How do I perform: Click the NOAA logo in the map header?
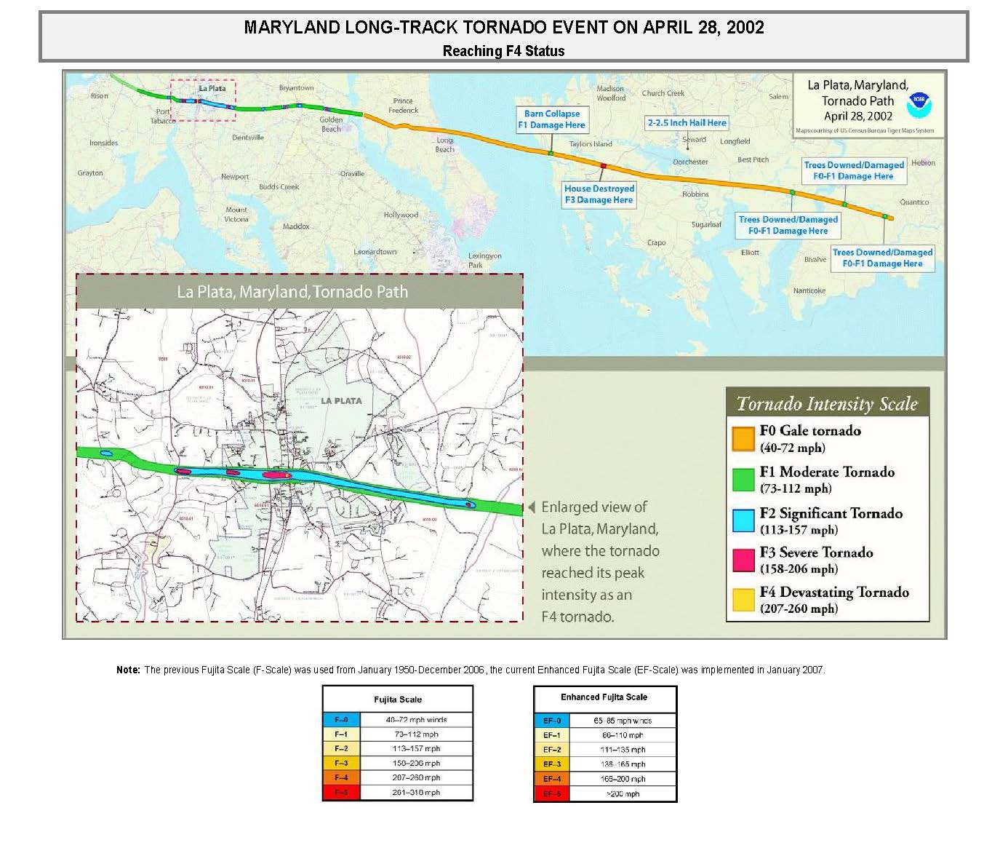tap(919, 106)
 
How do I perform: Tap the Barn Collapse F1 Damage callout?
tap(552, 119)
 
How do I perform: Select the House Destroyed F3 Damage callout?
tap(599, 194)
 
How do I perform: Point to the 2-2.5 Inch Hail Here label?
tap(687, 123)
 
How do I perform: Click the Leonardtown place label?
tap(375, 252)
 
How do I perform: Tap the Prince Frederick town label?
tap(404, 106)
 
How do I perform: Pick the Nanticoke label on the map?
tap(809, 290)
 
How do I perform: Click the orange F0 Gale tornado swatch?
tap(743, 439)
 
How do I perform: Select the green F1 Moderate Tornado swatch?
tap(743, 480)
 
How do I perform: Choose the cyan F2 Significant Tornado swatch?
tap(743, 520)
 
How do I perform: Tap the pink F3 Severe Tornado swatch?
tap(743, 560)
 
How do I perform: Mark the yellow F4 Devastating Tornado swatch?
tap(743, 600)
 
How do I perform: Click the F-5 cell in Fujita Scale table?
tap(341, 793)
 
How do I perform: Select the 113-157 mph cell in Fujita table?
tap(416, 749)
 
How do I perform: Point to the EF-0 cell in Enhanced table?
tap(552, 721)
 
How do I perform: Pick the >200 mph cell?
tap(623, 794)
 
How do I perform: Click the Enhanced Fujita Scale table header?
tap(604, 697)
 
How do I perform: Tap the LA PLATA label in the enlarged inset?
tap(341, 401)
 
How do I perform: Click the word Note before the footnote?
tap(127, 670)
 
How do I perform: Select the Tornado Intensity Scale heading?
tap(827, 404)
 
